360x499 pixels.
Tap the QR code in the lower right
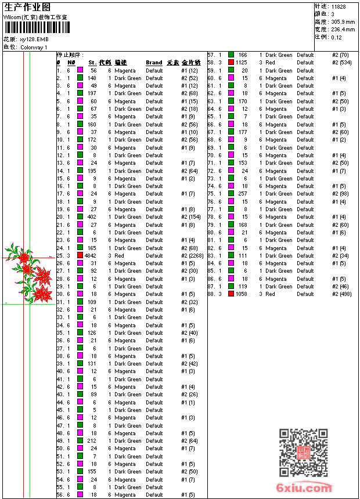point(304,453)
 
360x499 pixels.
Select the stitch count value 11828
point(339,6)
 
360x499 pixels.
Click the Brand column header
point(154,63)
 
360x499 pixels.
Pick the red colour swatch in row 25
point(81,256)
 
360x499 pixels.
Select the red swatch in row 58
point(231,63)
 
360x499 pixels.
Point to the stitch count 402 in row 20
point(92,217)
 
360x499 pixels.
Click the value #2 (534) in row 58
point(341,63)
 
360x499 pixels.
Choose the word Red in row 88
point(271,294)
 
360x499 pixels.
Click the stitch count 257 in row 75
point(242,194)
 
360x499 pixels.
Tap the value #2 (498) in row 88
point(341,294)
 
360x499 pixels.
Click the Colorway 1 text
point(34,47)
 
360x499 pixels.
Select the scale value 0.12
point(336,37)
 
